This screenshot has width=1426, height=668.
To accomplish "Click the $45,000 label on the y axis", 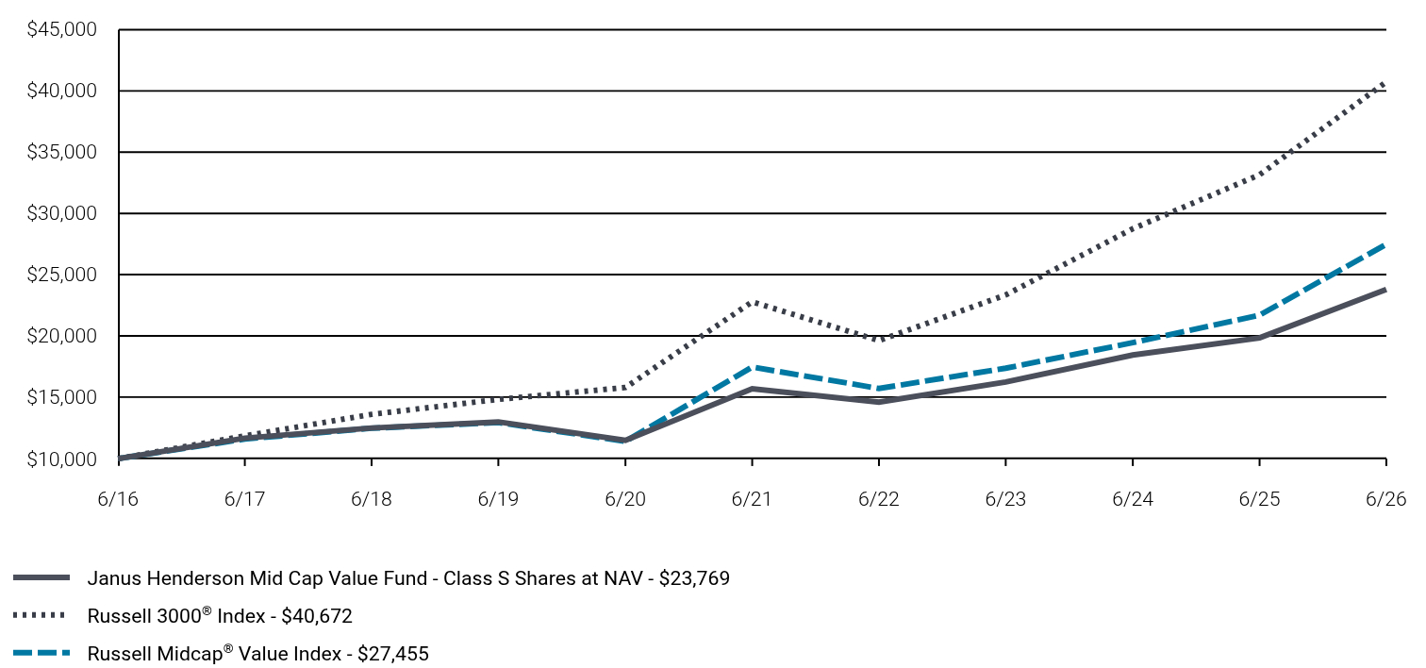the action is [x=61, y=29].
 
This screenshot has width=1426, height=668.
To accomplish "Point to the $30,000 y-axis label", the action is [x=61, y=213].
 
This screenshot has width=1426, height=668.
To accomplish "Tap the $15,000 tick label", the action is [x=61, y=397].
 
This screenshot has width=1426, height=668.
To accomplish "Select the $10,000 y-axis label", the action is [x=61, y=459].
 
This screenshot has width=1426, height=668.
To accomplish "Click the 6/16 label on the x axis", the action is [x=118, y=498].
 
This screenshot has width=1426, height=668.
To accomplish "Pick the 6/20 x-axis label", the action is [x=625, y=498].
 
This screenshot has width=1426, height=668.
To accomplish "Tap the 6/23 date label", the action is [x=1005, y=498].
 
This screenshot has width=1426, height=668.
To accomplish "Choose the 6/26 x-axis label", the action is [x=1385, y=498].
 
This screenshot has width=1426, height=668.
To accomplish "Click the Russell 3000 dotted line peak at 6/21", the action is [x=753, y=302].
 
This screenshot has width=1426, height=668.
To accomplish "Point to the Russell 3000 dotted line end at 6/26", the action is [x=1385, y=83].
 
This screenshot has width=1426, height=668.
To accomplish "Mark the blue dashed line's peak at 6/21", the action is [x=753, y=367].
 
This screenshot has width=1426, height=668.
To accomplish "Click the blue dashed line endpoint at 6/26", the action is [x=1385, y=245].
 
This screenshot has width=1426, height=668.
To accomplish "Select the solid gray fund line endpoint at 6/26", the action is [x=1385, y=291].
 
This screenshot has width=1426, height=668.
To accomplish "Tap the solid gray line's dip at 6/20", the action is [x=625, y=441].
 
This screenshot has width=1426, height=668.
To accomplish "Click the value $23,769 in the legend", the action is [x=694, y=578].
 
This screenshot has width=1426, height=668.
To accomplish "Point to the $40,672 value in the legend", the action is [x=317, y=616].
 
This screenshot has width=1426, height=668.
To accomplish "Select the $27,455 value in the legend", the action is [x=393, y=653].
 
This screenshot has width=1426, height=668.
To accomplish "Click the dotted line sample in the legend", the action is [x=40, y=615].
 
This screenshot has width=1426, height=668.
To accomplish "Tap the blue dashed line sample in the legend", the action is [x=41, y=653].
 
